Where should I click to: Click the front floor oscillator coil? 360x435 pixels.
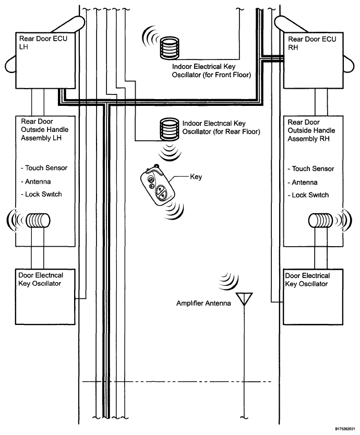coord(170,47)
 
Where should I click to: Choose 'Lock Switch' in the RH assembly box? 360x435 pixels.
coord(309,194)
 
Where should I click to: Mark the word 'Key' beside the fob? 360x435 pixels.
coord(196,177)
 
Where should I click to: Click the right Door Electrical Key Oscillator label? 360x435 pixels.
coord(308,279)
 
